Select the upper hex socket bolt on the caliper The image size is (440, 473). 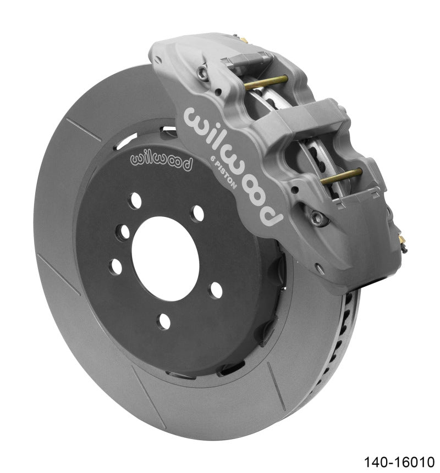[205, 70]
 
